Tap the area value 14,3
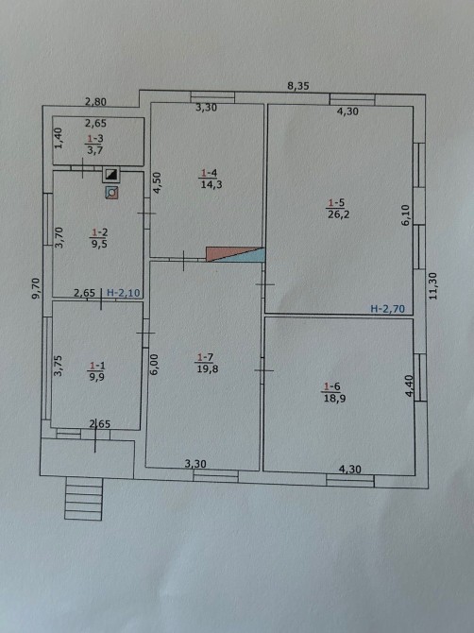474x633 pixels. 212,185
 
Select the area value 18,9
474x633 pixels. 334,399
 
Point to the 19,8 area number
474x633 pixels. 208,368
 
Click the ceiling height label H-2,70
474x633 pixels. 388,309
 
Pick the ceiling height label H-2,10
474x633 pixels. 124,293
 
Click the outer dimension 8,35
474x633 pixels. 298,86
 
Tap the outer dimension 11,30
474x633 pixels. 432,286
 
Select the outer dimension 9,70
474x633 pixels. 36,288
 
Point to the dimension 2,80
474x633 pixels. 95,102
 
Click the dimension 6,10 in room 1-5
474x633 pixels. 406,215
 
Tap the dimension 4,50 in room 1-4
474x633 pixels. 158,183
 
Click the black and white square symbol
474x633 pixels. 110,175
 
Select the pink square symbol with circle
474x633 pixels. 111,193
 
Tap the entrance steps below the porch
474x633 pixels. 83,499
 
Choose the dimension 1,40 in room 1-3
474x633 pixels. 59,138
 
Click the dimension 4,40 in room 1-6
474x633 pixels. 409,385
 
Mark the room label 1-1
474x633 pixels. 97,366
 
